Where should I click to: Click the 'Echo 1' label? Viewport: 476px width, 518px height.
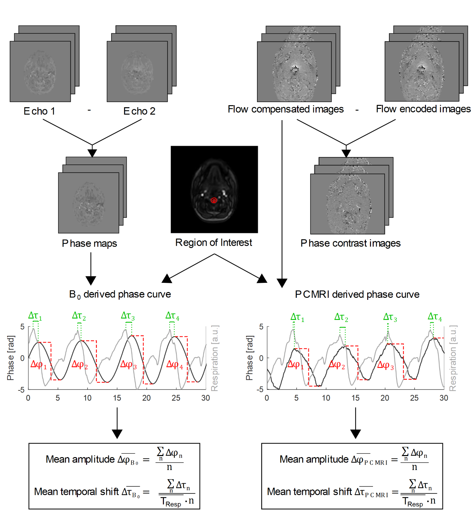(39, 111)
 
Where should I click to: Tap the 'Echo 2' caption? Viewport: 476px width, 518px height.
(139, 111)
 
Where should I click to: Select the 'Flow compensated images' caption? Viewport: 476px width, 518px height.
(286, 109)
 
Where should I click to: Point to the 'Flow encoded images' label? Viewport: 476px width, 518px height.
(423, 109)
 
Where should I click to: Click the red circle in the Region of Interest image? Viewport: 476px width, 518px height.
(214, 200)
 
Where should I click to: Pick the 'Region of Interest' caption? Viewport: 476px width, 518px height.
(214, 243)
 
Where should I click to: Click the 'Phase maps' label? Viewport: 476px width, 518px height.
(89, 244)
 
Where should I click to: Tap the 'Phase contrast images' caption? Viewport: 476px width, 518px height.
(350, 243)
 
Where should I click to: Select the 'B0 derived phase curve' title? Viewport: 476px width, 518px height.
(120, 294)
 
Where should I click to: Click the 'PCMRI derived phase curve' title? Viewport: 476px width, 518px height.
(357, 294)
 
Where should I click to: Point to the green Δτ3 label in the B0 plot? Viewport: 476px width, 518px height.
(128, 316)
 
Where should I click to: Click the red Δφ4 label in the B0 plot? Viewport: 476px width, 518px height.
(174, 365)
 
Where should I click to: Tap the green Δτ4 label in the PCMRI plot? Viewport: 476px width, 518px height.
(435, 317)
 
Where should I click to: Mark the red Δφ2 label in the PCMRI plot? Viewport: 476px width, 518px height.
(337, 365)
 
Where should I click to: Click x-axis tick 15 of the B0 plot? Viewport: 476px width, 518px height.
(117, 398)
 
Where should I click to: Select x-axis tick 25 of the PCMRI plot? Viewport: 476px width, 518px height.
(414, 398)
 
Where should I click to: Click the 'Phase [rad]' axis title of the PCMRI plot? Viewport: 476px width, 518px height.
(249, 358)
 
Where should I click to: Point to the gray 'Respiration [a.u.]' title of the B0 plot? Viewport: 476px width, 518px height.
(215, 358)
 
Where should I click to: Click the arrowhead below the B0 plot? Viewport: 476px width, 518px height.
(117, 434)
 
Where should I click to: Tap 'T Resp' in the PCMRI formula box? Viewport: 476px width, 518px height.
(412, 502)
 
